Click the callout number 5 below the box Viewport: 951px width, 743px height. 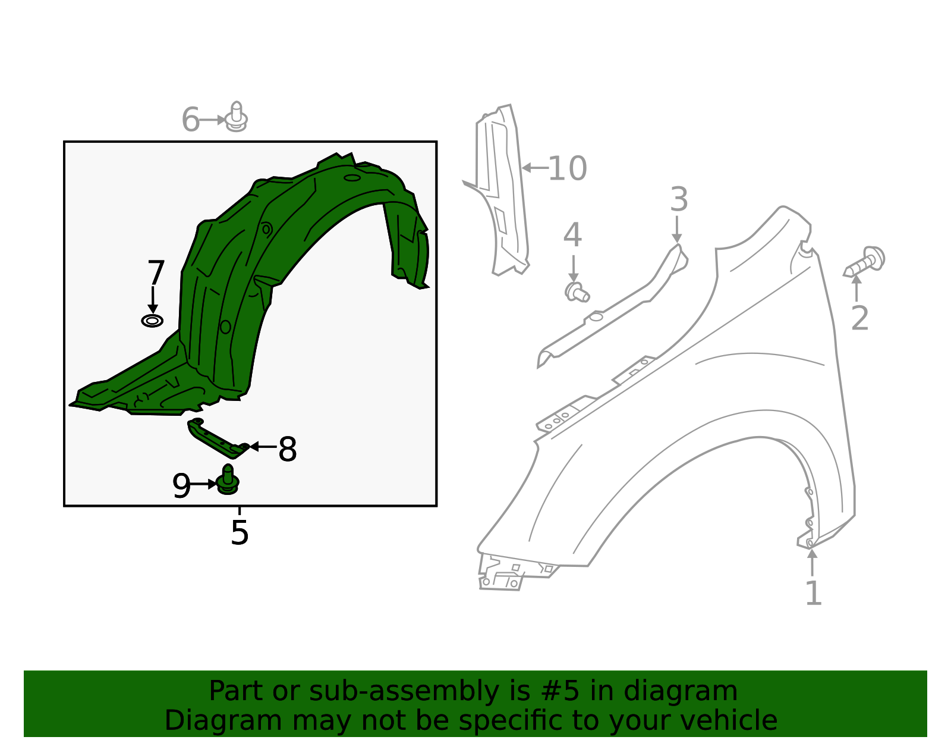(239, 532)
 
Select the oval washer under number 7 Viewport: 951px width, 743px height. (152, 321)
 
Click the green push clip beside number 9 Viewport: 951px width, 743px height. (228, 481)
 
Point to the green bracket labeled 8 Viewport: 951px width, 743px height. (216, 439)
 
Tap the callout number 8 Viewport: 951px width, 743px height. (287, 450)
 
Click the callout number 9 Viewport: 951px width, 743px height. (181, 486)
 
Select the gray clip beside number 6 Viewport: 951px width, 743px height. (237, 117)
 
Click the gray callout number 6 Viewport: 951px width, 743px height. (190, 120)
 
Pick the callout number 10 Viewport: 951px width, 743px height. (567, 168)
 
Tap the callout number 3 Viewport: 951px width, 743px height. (679, 199)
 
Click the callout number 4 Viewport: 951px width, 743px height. (572, 235)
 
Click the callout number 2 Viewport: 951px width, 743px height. (859, 318)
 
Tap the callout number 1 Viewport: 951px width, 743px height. (813, 593)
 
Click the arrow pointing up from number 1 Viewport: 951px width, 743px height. (812, 562)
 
